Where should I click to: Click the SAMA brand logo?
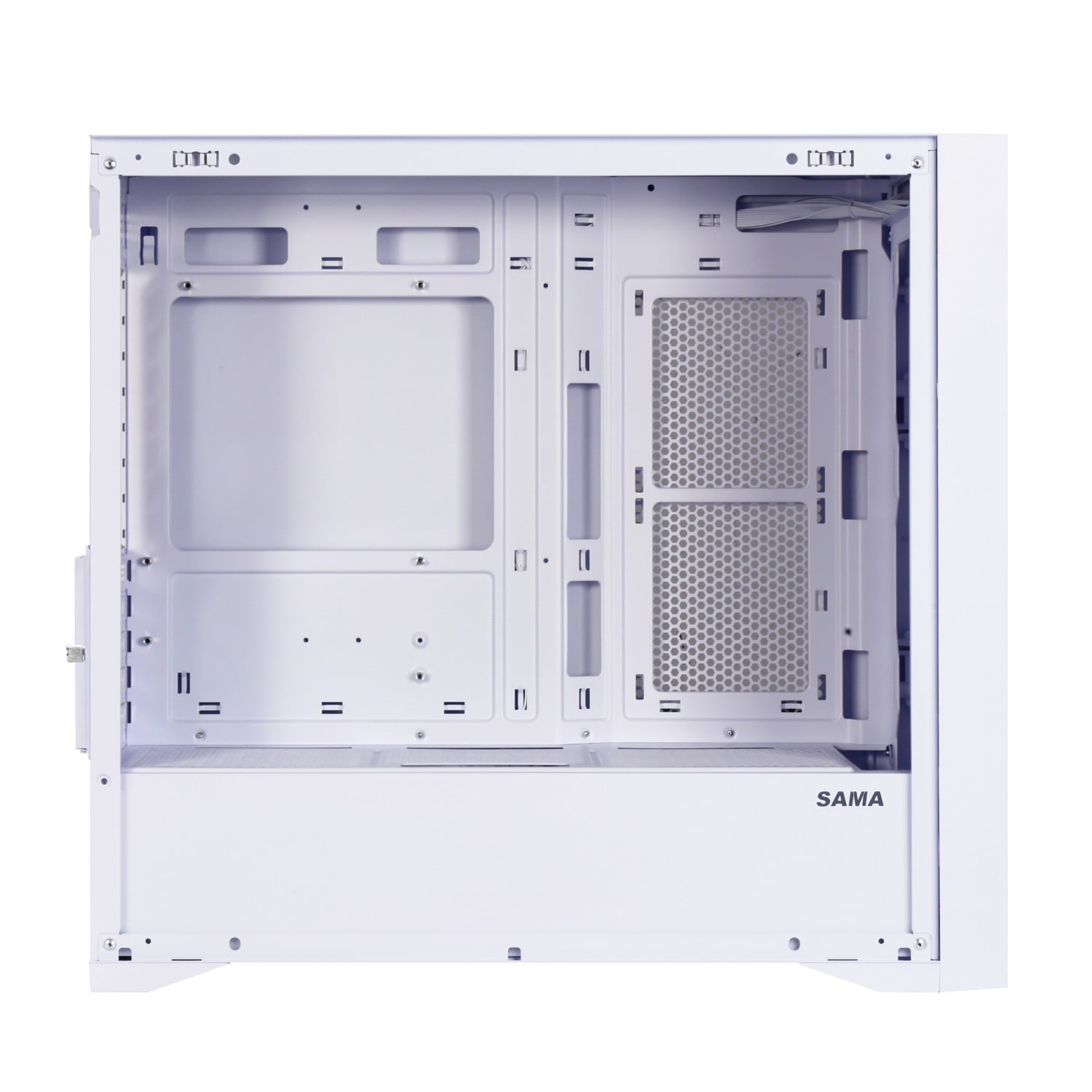click(850, 799)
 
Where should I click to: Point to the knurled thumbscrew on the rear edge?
click(71, 646)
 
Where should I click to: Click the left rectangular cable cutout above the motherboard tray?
click(236, 245)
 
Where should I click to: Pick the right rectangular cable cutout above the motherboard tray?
click(428, 245)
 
